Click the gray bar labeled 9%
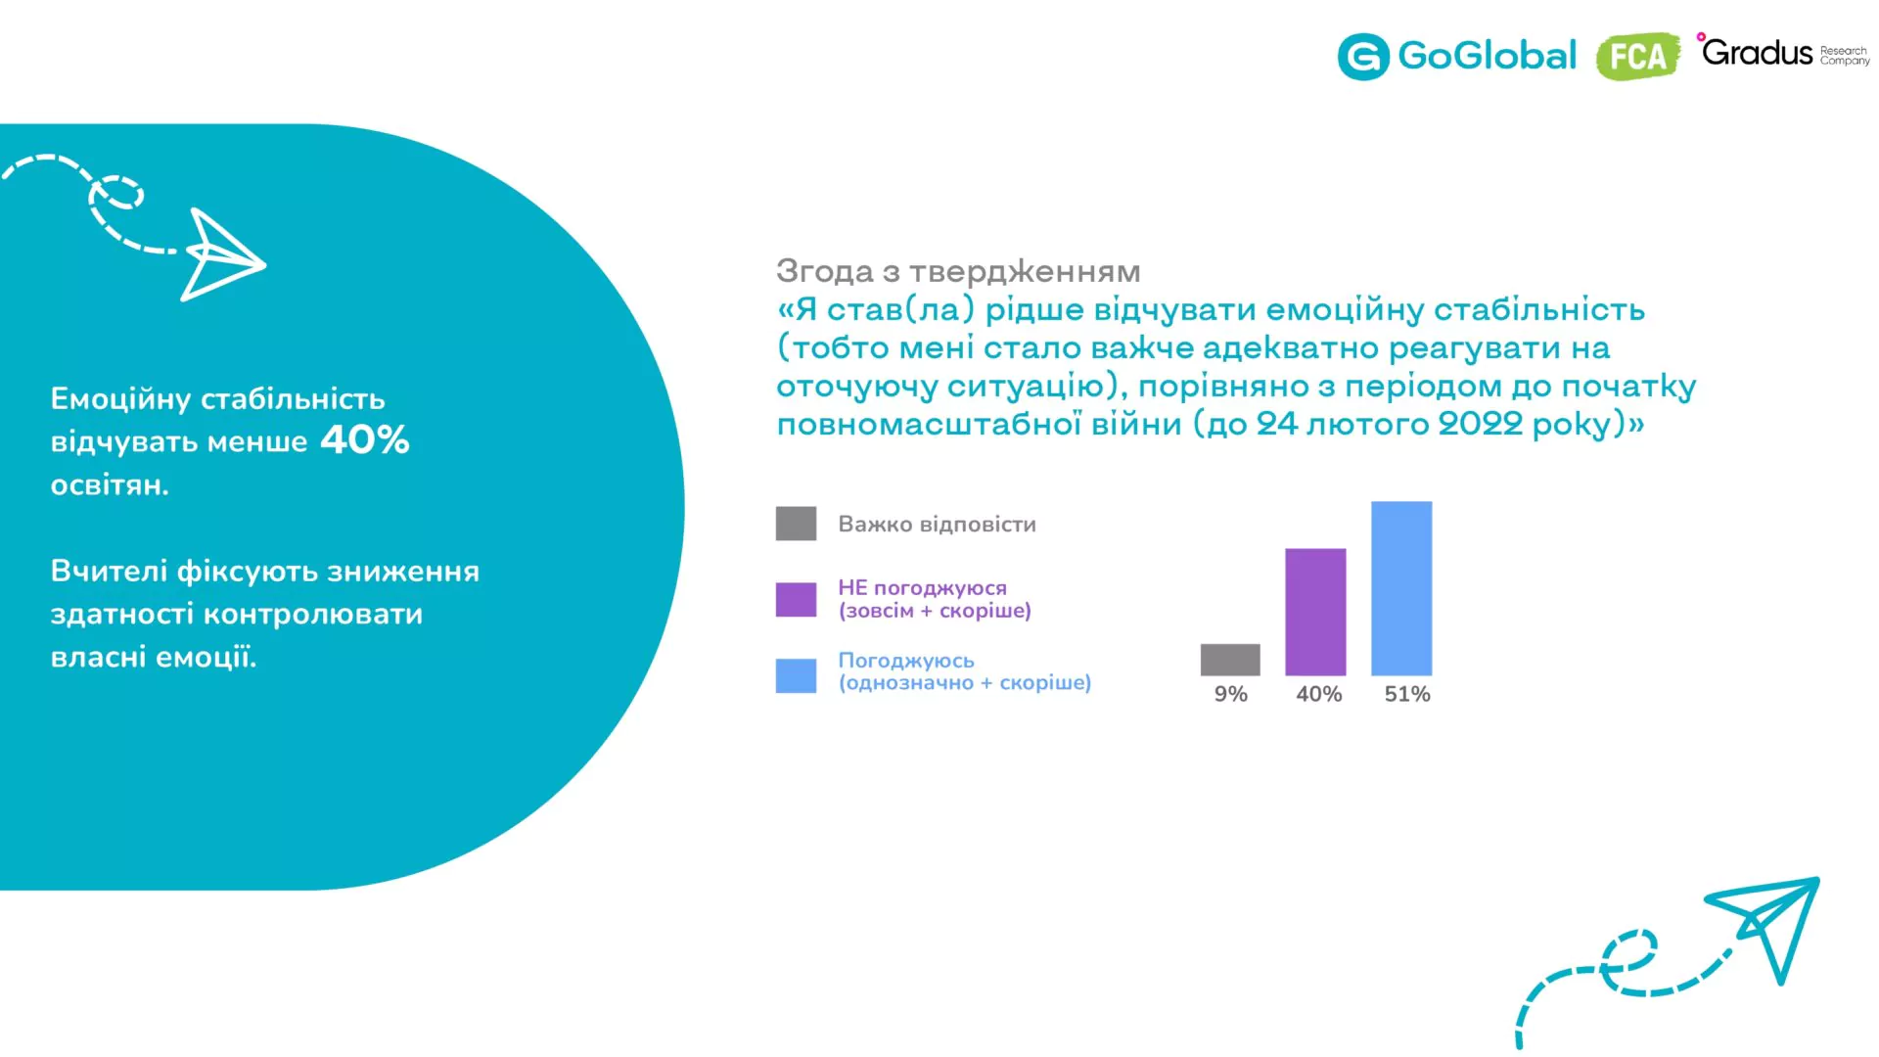(x=1230, y=660)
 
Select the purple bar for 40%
(x=1315, y=612)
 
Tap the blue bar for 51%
(x=1401, y=588)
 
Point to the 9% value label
(x=1230, y=694)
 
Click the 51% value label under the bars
(x=1407, y=694)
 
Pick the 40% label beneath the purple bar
(x=1318, y=694)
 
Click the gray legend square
(x=796, y=524)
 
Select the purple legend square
(x=796, y=600)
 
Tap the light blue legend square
(x=796, y=675)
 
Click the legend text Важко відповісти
(x=937, y=524)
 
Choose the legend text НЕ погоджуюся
(x=922, y=587)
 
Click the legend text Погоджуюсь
(x=906, y=661)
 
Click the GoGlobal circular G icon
(x=1363, y=56)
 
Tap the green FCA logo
(x=1637, y=56)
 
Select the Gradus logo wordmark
(x=1757, y=51)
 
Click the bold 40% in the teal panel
(x=364, y=439)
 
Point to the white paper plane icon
(x=223, y=254)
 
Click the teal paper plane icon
(x=1762, y=930)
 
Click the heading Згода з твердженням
(x=958, y=270)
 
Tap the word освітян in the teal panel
(x=110, y=484)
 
